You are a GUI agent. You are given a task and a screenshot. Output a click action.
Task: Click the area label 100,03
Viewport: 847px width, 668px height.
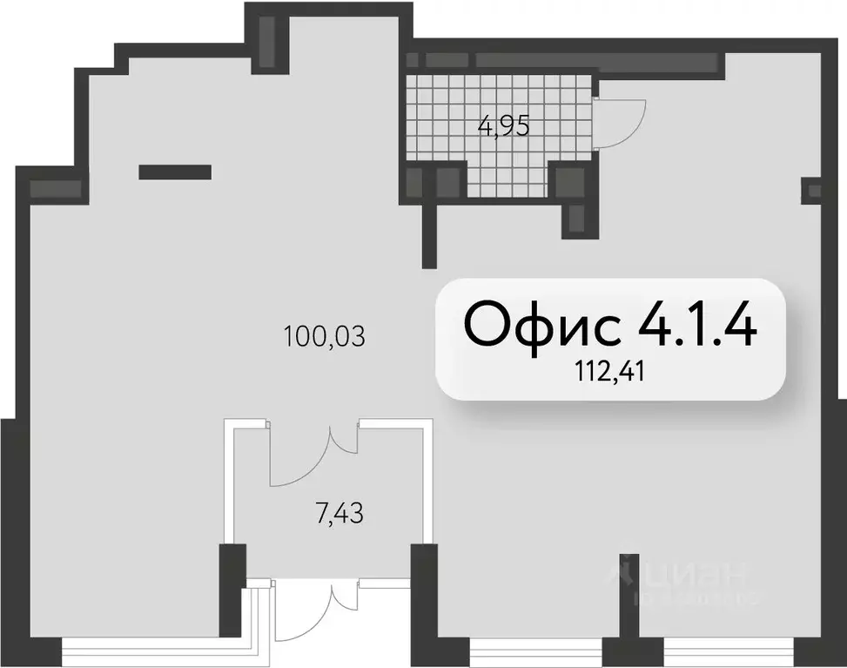[324, 334]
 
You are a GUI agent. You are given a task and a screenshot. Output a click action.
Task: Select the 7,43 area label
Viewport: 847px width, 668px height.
[337, 514]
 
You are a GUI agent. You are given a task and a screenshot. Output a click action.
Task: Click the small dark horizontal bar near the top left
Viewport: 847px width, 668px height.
[175, 172]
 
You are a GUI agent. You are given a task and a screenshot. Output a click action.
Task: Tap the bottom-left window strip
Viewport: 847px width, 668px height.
[148, 651]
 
